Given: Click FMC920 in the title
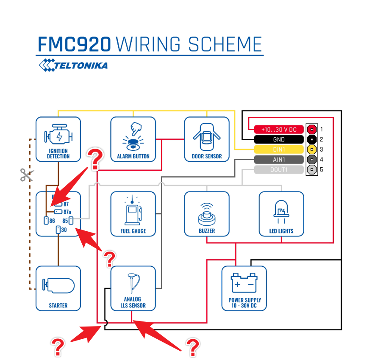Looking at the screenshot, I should pos(75,44).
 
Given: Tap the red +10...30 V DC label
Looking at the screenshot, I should pos(279,129).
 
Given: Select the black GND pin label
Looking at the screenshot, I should pos(279,139).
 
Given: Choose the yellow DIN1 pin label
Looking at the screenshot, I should pos(279,150).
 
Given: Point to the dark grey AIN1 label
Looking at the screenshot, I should pos(279,160).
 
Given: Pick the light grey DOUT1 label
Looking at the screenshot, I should pos(279,170).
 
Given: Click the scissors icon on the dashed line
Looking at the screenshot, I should pos(27,174).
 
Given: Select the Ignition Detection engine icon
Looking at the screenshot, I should pos(58,135).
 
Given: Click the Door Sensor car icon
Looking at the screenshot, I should pos(207,135).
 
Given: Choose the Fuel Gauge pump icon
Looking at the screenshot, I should pos(133,210).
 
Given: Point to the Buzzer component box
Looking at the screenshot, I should pos(207,213).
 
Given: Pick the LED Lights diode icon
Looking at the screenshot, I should pos(281,210).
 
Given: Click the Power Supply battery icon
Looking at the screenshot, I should pos(244,283).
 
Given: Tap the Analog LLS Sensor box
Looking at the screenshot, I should pos(133,288).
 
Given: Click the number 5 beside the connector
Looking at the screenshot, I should pos(322,170).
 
